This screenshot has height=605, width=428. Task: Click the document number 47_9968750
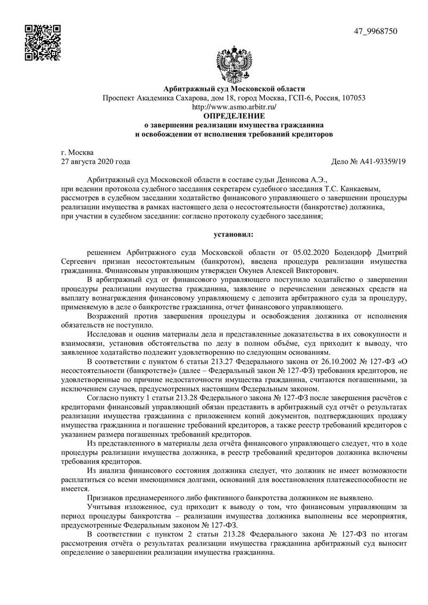(x=376, y=31)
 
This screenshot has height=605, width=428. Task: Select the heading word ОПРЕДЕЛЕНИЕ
(x=234, y=115)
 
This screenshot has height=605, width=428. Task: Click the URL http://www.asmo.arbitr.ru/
(x=234, y=106)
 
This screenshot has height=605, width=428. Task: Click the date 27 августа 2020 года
(x=96, y=161)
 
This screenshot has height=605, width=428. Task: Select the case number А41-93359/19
(x=383, y=161)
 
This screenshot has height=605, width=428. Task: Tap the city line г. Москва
(x=78, y=152)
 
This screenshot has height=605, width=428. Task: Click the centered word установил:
(x=234, y=234)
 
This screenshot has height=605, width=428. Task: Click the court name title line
(x=234, y=88)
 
